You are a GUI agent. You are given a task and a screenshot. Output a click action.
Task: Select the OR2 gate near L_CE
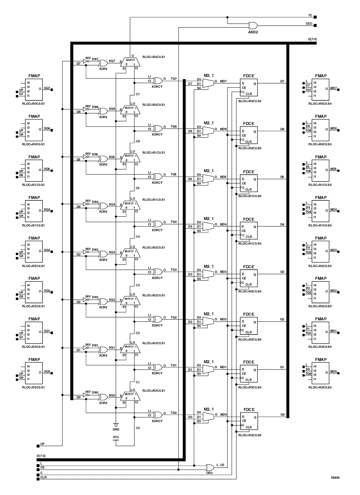click(x=209, y=467)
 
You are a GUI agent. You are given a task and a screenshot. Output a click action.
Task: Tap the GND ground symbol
click(x=116, y=424)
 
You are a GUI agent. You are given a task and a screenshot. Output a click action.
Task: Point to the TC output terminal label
click(x=310, y=15)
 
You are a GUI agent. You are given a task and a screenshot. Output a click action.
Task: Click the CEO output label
click(x=309, y=24)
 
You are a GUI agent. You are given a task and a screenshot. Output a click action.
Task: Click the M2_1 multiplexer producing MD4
click(x=208, y=226)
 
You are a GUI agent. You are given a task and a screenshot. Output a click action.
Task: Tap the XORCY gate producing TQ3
click(x=158, y=271)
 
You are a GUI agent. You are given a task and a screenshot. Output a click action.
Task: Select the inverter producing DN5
click(x=86, y=157)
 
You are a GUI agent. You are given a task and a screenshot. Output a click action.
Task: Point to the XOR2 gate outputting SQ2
click(x=103, y=301)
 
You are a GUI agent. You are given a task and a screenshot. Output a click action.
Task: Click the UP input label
click(x=42, y=444)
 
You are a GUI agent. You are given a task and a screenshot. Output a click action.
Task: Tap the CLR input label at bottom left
click(x=43, y=477)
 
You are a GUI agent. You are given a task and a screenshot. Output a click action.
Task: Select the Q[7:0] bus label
click(x=312, y=39)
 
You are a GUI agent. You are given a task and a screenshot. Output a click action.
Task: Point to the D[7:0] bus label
click(x=41, y=456)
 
